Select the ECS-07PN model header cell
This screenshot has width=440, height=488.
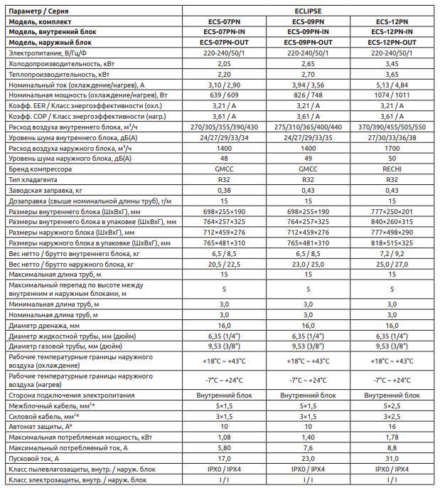coord(224,22)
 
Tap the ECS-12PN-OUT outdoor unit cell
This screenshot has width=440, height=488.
coord(392,43)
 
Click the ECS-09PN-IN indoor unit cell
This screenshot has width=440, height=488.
coord(308,32)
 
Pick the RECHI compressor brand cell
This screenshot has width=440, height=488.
coord(392,169)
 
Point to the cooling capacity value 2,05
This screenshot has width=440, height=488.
coord(224,63)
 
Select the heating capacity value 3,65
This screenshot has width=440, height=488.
coord(392,74)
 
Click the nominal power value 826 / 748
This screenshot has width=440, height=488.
coord(308,95)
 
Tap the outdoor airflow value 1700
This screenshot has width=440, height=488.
coord(392,148)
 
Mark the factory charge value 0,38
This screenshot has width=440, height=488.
coord(224,190)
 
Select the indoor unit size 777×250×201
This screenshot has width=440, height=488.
coord(392,211)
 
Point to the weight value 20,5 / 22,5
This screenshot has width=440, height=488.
coord(224,264)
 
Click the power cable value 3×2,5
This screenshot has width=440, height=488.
coord(392,416)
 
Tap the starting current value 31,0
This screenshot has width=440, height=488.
coord(392,459)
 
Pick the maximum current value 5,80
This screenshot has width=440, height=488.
coord(224,448)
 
